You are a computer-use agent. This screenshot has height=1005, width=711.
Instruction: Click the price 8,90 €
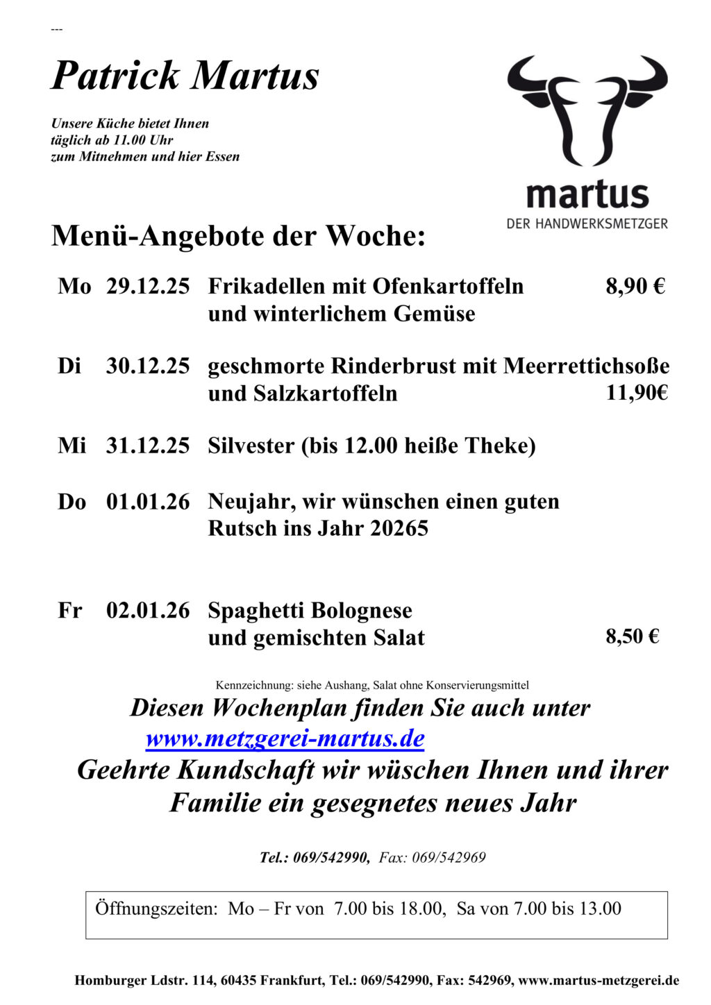(635, 286)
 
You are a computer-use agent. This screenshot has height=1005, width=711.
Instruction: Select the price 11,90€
(637, 393)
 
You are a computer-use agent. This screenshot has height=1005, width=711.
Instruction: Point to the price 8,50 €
(633, 636)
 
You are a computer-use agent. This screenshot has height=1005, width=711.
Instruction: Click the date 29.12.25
(147, 286)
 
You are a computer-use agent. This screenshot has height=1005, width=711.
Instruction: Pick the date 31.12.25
(147, 446)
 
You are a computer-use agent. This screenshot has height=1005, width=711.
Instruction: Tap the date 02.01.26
(147, 611)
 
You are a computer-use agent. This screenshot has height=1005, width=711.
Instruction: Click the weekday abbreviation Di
(69, 366)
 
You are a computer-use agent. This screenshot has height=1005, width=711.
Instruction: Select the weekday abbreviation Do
(72, 502)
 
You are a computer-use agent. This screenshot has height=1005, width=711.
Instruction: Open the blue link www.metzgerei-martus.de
(285, 738)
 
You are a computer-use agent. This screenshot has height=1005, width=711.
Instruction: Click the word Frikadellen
(266, 286)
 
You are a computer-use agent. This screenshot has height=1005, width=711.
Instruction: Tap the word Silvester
(251, 446)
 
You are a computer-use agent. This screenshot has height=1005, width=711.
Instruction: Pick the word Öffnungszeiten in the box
(156, 909)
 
